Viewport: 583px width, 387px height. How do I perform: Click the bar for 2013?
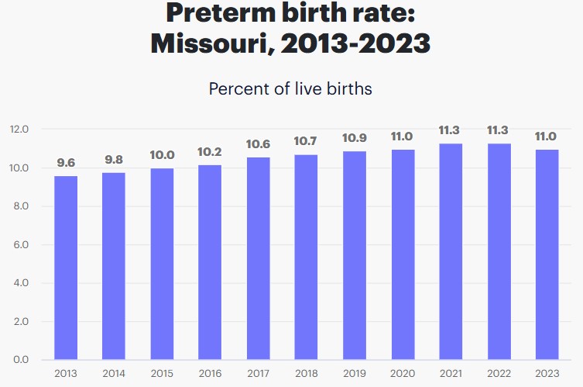point(66,268)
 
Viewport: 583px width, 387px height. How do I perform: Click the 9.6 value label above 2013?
point(66,163)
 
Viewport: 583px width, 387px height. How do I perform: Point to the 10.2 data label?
point(210,152)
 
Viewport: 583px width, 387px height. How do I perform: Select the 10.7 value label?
point(306,142)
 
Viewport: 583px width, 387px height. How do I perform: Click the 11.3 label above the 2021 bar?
point(450,130)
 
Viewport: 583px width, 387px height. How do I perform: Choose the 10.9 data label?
point(354,138)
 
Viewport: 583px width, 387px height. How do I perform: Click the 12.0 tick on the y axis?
point(19,130)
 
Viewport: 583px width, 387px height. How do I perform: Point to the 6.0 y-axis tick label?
point(19,245)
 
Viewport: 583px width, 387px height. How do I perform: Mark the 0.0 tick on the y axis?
point(19,360)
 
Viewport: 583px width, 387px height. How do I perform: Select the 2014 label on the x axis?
point(114,374)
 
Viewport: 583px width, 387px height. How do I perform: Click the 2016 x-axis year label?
point(210,374)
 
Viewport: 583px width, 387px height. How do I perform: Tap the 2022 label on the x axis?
point(498,374)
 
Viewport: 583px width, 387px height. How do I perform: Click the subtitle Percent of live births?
point(290,88)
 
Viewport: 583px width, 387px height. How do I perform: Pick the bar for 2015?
point(162,264)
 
